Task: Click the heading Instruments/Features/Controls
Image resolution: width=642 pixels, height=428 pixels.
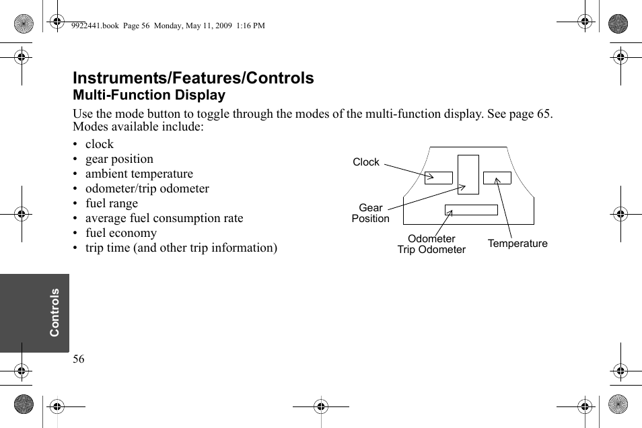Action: pos(193,78)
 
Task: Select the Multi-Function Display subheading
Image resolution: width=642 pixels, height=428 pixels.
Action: pos(149,96)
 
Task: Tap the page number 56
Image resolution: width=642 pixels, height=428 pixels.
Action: pos(79,359)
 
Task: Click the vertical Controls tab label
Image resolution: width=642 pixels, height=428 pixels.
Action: pos(55,312)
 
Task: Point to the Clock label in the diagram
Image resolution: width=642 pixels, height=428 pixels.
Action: pos(366,162)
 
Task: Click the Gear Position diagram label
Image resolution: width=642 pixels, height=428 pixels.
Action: pos(370,213)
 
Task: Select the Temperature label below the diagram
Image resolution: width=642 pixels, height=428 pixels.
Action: pos(518,244)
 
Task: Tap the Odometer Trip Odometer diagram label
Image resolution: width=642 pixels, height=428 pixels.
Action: pos(431,244)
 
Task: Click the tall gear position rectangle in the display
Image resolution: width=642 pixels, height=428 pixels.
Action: pos(468,174)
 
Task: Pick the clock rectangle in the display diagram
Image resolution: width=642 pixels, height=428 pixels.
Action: pos(438,178)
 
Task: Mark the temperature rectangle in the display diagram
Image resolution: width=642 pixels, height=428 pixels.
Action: pos(497,178)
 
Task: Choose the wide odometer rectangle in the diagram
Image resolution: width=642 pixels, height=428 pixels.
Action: pos(471,210)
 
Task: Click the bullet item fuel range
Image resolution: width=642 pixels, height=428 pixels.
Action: pos(111,203)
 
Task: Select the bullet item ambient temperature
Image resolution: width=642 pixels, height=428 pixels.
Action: pos(139,174)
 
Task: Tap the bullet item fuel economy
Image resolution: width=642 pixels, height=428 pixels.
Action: pos(120,233)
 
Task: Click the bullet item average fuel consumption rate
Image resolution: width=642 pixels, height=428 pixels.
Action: pos(164,218)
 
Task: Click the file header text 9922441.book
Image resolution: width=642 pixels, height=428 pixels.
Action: pos(94,26)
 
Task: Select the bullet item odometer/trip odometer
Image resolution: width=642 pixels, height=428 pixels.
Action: pos(147,188)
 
